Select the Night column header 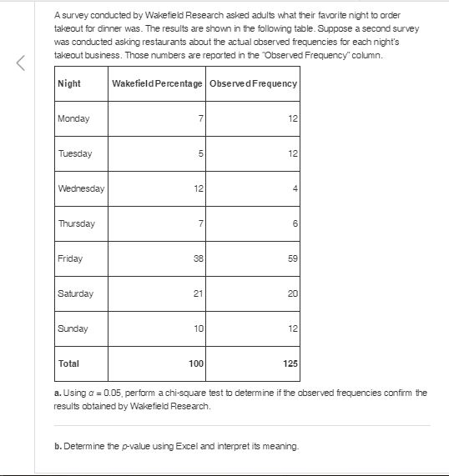click(x=69, y=84)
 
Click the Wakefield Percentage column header click(x=157, y=84)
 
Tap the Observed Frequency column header click(x=253, y=84)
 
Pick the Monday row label click(x=74, y=118)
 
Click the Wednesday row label click(x=81, y=188)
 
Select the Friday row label click(x=71, y=258)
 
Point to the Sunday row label click(x=73, y=328)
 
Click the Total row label click(x=69, y=363)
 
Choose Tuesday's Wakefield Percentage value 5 click(x=200, y=153)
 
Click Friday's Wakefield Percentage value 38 click(x=198, y=258)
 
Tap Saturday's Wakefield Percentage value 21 click(x=198, y=293)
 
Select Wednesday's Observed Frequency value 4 click(x=295, y=188)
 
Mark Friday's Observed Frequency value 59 click(x=292, y=258)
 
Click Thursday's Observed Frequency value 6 click(x=295, y=223)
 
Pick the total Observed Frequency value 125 click(x=290, y=363)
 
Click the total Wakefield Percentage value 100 click(x=195, y=363)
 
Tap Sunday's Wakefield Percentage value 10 click(x=198, y=328)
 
